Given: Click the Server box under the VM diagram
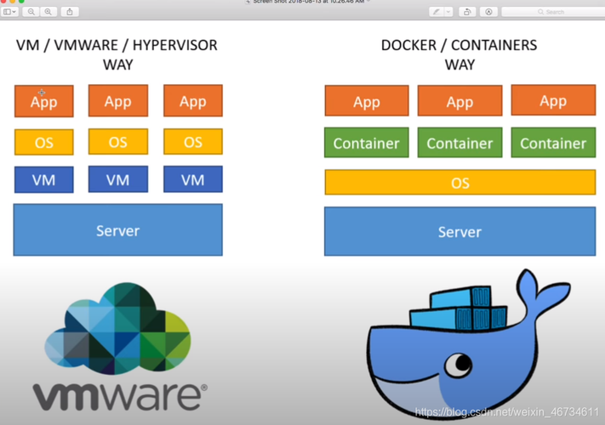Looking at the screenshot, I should point(117,230).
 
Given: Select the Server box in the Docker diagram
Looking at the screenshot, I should point(459,231).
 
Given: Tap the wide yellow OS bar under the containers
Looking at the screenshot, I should point(459,183).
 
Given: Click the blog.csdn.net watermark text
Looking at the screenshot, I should point(506,412).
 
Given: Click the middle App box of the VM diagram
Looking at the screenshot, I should point(118,101).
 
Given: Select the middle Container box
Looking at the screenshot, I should point(459,143).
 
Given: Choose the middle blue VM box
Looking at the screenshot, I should point(118,179).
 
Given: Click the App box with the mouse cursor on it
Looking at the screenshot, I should point(43,101).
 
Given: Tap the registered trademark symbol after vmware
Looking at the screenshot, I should point(203,392).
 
